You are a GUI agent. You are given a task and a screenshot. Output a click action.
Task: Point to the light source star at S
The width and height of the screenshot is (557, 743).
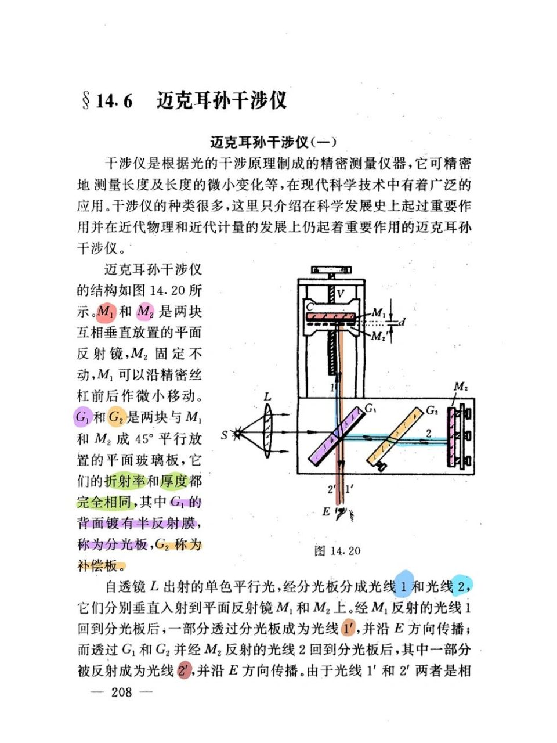click(x=236, y=433)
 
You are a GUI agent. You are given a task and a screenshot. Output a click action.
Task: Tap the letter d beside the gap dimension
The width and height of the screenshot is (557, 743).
click(x=402, y=321)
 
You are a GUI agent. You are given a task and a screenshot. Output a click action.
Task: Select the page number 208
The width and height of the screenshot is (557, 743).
click(x=121, y=692)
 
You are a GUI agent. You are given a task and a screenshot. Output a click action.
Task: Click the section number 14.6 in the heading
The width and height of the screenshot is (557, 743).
click(x=114, y=101)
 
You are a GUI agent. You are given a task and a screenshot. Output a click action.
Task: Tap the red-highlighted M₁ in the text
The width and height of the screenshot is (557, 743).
click(x=106, y=312)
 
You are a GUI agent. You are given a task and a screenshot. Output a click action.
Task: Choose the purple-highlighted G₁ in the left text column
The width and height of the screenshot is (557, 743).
click(x=83, y=417)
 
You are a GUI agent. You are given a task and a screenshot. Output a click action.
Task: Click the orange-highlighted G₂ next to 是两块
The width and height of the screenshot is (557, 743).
click(x=117, y=417)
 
